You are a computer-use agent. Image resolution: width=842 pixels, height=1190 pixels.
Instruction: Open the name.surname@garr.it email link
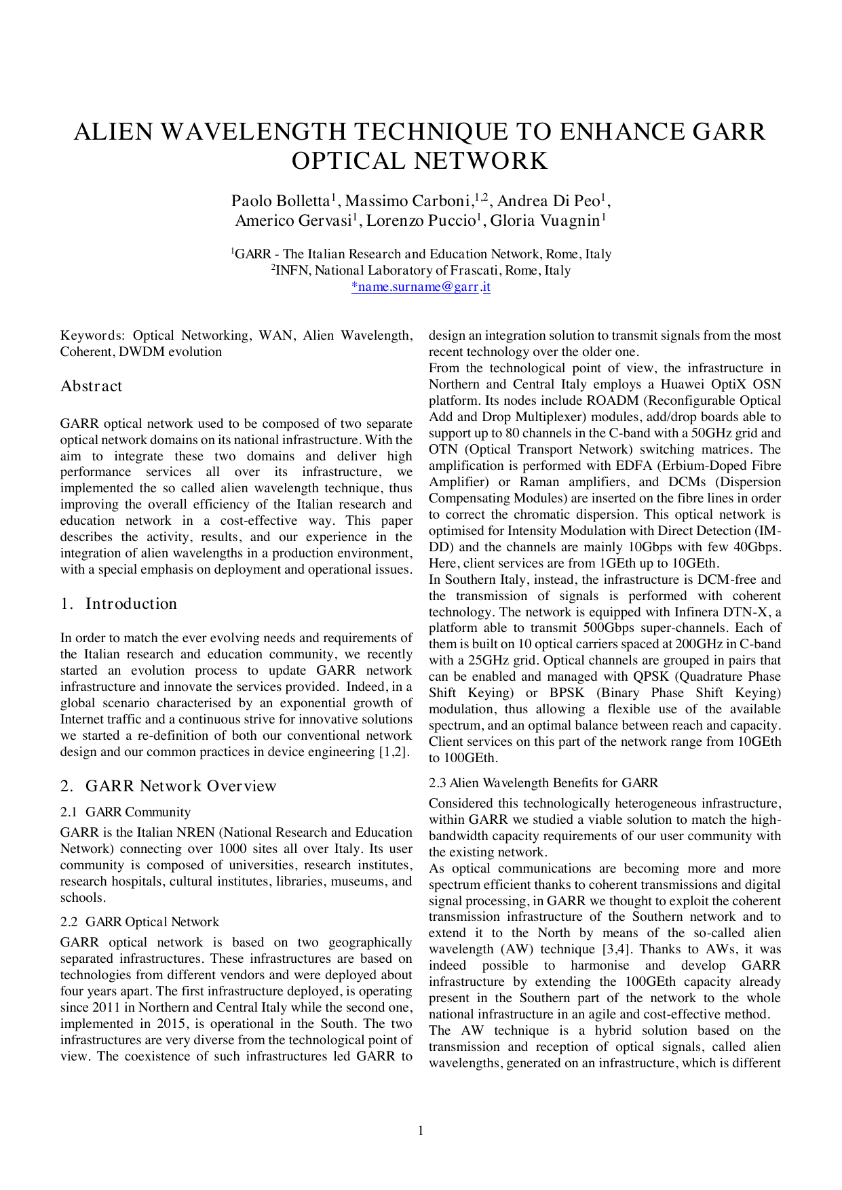click(x=421, y=287)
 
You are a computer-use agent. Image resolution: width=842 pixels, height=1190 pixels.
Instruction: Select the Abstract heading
click(x=92, y=386)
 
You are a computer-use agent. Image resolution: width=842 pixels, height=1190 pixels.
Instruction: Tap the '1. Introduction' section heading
click(x=119, y=604)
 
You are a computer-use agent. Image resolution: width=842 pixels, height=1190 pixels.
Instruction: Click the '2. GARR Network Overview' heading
click(x=168, y=787)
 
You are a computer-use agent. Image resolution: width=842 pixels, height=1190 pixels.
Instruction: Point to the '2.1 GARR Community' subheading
click(x=126, y=812)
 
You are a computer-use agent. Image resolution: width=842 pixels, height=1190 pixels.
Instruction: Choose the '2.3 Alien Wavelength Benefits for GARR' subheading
click(x=543, y=783)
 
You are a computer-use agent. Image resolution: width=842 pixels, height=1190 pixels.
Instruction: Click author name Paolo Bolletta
click(x=280, y=201)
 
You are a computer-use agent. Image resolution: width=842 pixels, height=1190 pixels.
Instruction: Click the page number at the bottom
click(x=421, y=1130)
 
